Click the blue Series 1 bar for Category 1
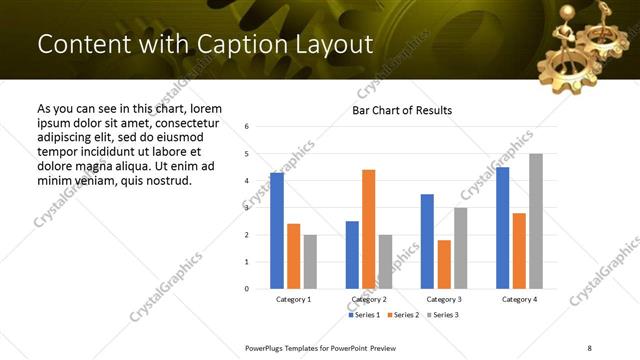(x=277, y=231)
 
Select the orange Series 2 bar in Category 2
(x=368, y=229)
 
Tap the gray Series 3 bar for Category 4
(x=536, y=221)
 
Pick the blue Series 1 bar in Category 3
(x=427, y=241)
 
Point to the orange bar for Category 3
(x=444, y=264)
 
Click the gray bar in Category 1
(x=310, y=262)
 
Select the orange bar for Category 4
(x=519, y=251)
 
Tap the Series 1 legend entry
(x=363, y=315)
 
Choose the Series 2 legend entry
(x=403, y=315)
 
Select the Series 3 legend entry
(x=443, y=315)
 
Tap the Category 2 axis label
(x=369, y=299)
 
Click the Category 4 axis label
(x=519, y=299)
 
